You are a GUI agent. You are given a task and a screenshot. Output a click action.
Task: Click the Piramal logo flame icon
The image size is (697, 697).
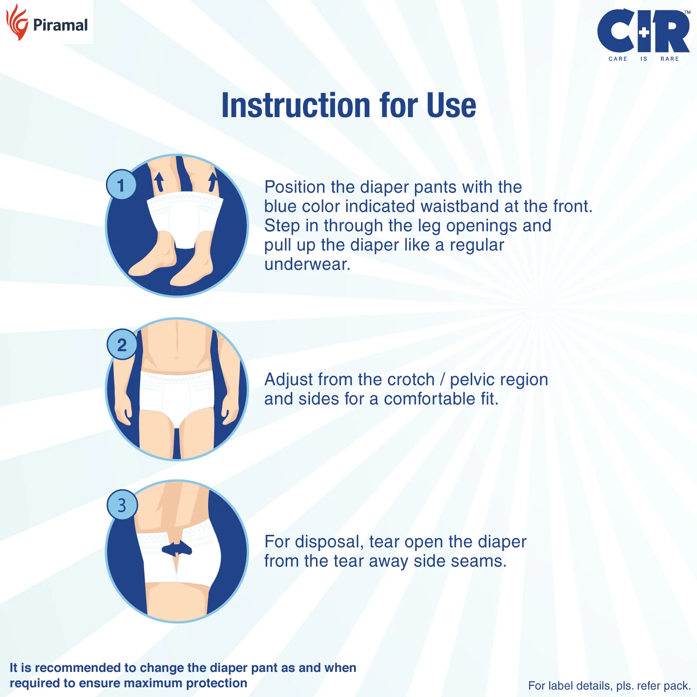point(17,23)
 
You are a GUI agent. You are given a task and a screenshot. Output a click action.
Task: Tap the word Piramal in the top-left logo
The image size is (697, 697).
point(60,25)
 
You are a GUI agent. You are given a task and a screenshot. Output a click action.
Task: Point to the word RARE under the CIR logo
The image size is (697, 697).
point(669,59)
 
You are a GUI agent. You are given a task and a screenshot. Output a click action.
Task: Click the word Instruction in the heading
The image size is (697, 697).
point(296,105)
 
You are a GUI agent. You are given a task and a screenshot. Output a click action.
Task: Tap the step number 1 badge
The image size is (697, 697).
point(121,185)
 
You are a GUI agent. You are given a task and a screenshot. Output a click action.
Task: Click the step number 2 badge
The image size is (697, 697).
point(122,345)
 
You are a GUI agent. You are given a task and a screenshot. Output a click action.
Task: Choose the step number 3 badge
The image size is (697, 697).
point(122,505)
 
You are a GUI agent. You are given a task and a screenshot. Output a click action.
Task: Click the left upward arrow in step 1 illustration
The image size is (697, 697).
point(159,181)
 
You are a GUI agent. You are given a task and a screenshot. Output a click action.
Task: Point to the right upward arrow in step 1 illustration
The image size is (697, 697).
point(213,182)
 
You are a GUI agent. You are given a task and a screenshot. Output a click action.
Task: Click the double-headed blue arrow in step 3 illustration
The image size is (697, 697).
point(177,549)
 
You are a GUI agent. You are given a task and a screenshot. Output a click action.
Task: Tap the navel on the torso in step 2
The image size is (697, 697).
point(177,358)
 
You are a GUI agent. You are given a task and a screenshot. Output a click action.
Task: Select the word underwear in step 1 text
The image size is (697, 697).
point(307,264)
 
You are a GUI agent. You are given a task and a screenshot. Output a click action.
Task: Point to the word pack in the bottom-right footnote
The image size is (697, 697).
point(677,686)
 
